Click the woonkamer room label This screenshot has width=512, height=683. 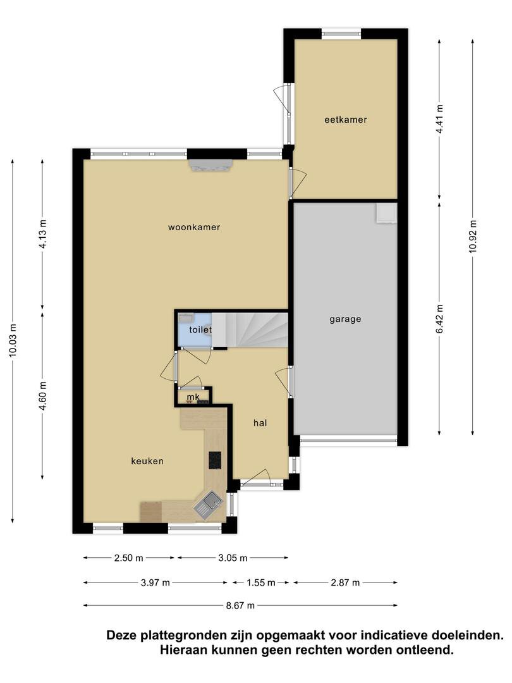[x=194, y=227]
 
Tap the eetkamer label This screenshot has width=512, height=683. [x=346, y=120]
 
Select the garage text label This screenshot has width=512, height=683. [x=345, y=319]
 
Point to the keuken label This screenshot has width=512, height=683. [x=147, y=461]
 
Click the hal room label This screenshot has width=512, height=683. [x=260, y=423]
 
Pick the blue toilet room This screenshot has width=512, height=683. [x=194, y=329]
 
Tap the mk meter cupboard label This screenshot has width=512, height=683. [x=193, y=397]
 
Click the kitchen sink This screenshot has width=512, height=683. [x=208, y=505]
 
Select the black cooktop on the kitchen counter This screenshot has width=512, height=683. [x=215, y=460]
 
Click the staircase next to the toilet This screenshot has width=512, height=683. [x=250, y=329]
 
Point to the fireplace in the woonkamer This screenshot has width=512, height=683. [x=210, y=166]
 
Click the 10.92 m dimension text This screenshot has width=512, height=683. [x=473, y=236]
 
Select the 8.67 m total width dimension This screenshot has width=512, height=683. [x=240, y=605]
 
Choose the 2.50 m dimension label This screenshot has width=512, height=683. [x=128, y=558]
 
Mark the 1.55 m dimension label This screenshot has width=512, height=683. [x=261, y=582]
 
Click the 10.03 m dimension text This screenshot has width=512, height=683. [x=13, y=341]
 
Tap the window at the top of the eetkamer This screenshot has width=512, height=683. [x=341, y=34]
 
